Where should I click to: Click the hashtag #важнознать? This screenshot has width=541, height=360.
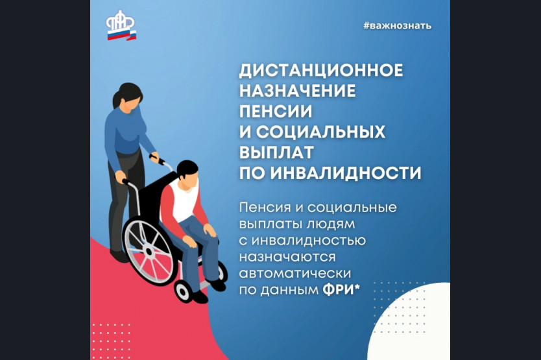click(x=397, y=26)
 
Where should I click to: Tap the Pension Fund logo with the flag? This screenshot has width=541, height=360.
click(x=121, y=25)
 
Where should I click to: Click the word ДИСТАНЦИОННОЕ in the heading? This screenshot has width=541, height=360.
click(x=321, y=70)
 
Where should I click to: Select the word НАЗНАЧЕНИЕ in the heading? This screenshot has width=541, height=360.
click(x=297, y=91)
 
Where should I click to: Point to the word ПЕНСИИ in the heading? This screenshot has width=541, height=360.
click(x=276, y=111)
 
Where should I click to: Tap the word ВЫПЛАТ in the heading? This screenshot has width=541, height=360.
click(x=276, y=152)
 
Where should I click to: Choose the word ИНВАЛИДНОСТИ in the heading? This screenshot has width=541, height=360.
click(x=346, y=173)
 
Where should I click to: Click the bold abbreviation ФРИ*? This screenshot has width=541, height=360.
click(x=341, y=289)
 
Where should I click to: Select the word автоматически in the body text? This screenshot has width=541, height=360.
click(x=295, y=273)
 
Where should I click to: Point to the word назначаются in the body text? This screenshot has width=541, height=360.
click(x=287, y=257)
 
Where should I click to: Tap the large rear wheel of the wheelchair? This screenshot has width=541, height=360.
click(x=149, y=252)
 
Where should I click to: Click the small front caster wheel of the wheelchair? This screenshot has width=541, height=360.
click(x=183, y=291)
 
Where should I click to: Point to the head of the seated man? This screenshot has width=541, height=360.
click(x=188, y=175)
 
